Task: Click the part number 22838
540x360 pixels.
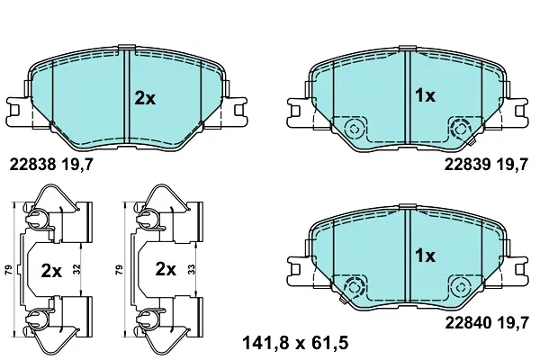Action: (32, 165)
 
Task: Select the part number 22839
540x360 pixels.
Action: (467, 165)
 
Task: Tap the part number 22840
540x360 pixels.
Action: (468, 323)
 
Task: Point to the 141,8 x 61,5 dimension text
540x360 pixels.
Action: (295, 343)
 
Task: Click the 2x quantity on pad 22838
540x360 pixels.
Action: (145, 99)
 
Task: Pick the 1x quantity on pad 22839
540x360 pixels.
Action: (426, 95)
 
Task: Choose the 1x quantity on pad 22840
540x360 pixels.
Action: (426, 256)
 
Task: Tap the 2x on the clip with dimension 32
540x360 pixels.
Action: (51, 271)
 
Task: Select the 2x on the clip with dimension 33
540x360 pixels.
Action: (166, 269)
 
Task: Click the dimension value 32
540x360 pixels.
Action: (76, 269)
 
